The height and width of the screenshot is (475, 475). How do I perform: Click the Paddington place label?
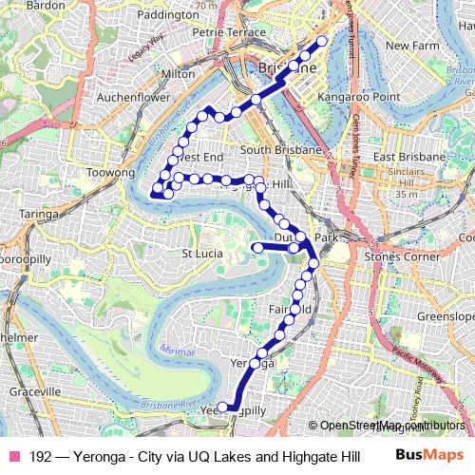(x=167, y=15)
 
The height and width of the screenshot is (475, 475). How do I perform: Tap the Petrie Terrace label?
(x=229, y=31)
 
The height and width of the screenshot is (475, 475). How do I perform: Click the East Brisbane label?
(x=409, y=156)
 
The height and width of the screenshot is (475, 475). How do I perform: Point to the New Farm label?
(x=411, y=45)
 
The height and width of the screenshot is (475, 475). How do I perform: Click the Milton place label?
(x=179, y=73)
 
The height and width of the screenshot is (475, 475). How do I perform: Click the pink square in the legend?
(x=14, y=456)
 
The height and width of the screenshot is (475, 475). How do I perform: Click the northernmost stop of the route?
(x=322, y=41)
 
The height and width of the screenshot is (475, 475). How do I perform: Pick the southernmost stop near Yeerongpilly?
(x=223, y=408)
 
